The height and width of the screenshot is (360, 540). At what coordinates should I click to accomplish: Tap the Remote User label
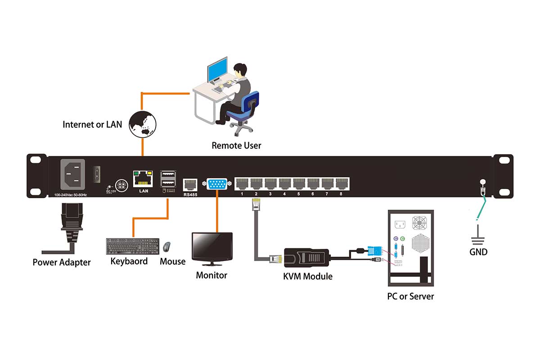click(236, 145)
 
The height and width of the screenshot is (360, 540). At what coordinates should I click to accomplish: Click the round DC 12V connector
click(121, 186)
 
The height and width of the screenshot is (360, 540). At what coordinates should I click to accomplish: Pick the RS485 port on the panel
click(190, 185)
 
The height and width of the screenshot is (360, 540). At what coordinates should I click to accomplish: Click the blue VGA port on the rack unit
click(217, 184)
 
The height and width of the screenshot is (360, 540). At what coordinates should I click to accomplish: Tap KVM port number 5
click(299, 183)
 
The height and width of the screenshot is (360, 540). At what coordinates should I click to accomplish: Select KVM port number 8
click(342, 183)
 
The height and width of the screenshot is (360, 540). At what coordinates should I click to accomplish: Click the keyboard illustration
click(132, 246)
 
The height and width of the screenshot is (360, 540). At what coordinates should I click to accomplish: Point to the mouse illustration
click(166, 247)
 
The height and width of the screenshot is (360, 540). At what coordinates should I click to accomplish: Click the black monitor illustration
click(212, 247)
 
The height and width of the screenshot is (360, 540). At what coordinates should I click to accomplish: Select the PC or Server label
click(410, 296)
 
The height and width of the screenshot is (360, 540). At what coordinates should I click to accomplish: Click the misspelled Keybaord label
click(129, 261)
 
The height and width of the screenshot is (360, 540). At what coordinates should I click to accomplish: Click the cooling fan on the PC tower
click(419, 223)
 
